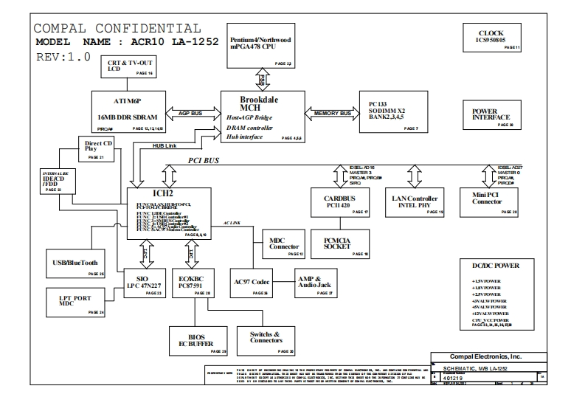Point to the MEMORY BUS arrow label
[x=332, y=114]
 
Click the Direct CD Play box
[x=96, y=149]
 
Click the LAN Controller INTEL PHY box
[x=417, y=203]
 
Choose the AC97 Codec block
[x=252, y=283]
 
